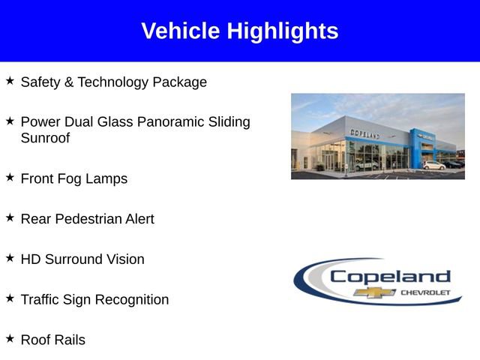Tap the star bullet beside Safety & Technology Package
tap(10, 79)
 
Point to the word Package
tap(179, 82)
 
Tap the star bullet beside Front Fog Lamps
tap(10, 176)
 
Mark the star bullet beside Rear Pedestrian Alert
tap(10, 217)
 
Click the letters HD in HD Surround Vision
tap(31, 259)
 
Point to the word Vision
tap(124, 259)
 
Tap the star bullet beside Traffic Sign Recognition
tap(10, 298)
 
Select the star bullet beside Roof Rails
tap(10, 338)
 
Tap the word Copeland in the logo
tap(390, 276)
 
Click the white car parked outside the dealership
tap(433, 165)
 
